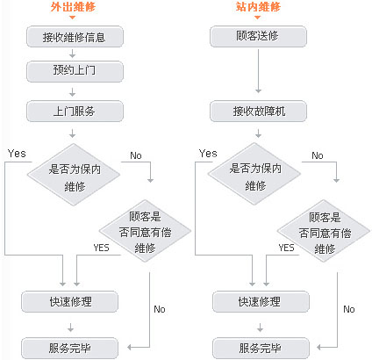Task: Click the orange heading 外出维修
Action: [73, 7]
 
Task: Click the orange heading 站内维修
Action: [258, 7]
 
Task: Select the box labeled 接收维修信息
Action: [75, 37]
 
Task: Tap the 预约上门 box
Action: [75, 71]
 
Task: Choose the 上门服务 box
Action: [75, 111]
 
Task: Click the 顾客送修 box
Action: [258, 37]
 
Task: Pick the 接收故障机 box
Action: [258, 111]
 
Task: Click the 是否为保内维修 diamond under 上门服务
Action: [74, 175]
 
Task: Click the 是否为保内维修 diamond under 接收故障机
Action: [254, 174]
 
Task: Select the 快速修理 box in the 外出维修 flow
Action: [70, 302]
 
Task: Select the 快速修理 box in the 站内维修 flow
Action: [261, 302]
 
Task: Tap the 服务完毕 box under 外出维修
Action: [70, 348]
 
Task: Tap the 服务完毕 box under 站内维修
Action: [261, 348]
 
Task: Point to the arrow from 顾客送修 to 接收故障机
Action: [258, 71]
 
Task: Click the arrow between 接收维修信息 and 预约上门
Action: [73, 54]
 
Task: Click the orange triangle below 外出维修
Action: [73, 18]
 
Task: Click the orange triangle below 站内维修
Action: [257, 18]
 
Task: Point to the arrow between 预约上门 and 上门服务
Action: [73, 92]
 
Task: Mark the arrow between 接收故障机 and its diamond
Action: [258, 133]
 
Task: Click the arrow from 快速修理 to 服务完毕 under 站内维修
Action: [260, 328]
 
